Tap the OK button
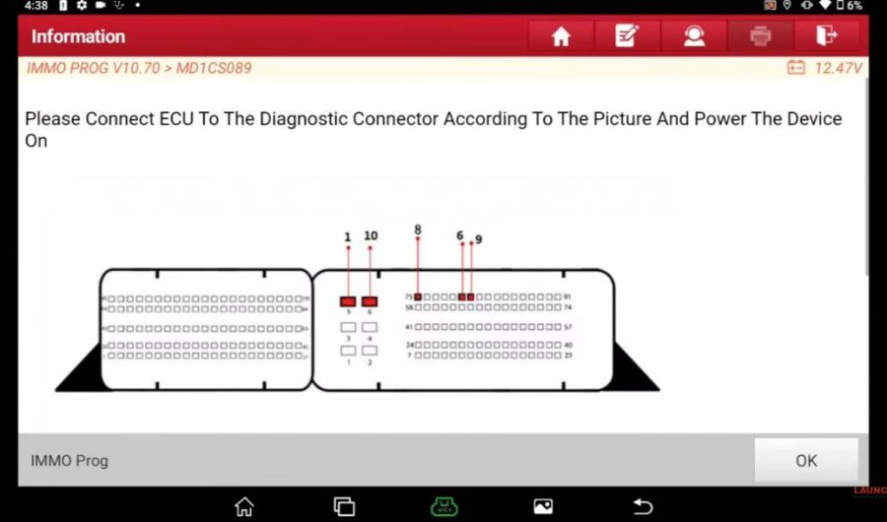806,460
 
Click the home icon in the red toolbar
561,36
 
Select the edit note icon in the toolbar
627,36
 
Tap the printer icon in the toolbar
760,36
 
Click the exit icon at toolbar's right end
826,36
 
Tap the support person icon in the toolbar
694,36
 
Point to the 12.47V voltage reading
838,68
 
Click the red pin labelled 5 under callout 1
348,301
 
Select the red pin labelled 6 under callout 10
371,301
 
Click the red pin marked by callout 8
418,296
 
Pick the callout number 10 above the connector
371,236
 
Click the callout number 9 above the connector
478,239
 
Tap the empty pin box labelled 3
348,327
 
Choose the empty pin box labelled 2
371,351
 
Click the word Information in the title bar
78,36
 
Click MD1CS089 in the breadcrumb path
213,68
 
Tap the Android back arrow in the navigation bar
643,506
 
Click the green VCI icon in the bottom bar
443,506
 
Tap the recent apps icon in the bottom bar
344,506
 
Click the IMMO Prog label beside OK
69,460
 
